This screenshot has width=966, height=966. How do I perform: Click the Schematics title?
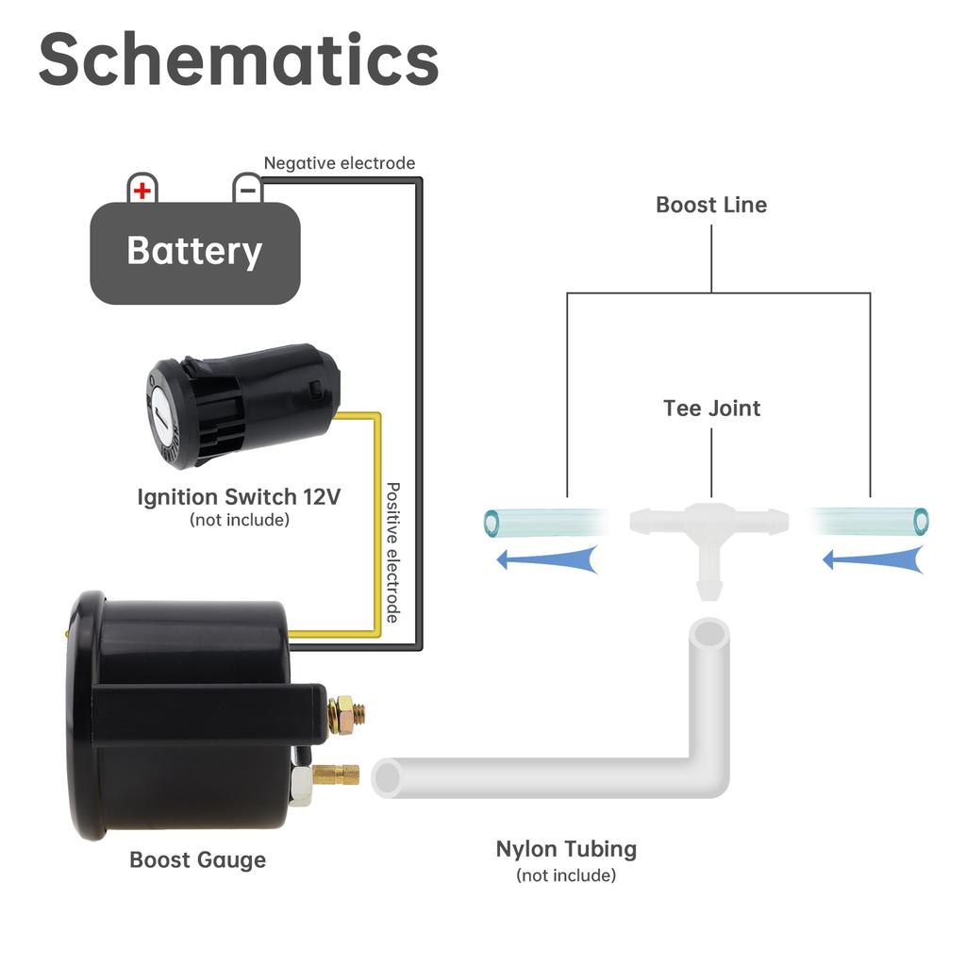[x=239, y=58]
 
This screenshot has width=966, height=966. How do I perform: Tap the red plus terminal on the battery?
[x=142, y=191]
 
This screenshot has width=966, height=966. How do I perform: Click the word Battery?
[x=194, y=251]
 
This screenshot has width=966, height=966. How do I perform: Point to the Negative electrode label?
[x=340, y=163]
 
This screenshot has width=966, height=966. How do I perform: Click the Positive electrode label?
[x=393, y=552]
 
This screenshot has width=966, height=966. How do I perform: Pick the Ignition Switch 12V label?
[x=239, y=496]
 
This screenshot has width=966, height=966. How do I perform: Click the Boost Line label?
[x=711, y=205]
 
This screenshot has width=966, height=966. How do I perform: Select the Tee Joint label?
[x=711, y=408]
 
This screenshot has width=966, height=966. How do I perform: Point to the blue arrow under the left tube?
[x=547, y=559]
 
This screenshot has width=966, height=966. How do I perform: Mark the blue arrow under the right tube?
[x=873, y=559]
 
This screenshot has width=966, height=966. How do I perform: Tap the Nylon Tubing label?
[x=566, y=849]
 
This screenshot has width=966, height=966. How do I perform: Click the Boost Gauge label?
[x=197, y=859]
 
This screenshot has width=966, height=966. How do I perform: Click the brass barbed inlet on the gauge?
[x=336, y=775]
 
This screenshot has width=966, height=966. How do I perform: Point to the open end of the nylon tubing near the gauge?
[x=388, y=777]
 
